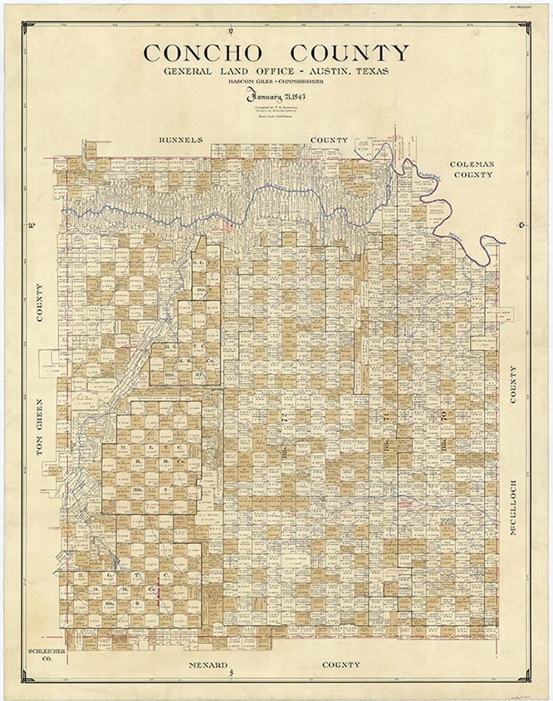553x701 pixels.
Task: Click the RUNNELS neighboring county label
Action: pyautogui.click(x=180, y=140)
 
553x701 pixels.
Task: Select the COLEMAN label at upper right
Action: pyautogui.click(x=472, y=164)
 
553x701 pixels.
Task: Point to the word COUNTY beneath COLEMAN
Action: pyautogui.click(x=472, y=175)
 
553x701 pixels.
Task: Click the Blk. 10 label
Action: pyautogui.click(x=199, y=374)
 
